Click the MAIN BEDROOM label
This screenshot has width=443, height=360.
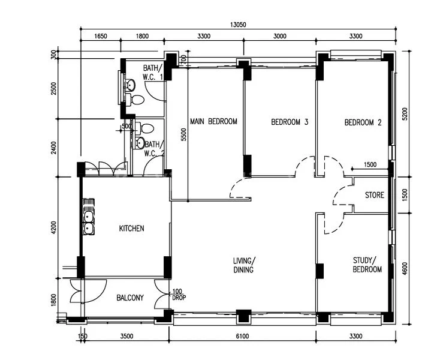(x=213, y=121)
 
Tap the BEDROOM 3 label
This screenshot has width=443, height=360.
(x=290, y=122)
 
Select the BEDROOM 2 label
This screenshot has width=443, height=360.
(x=363, y=122)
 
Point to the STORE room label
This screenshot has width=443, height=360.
(x=375, y=195)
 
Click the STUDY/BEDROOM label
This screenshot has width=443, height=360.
(x=367, y=265)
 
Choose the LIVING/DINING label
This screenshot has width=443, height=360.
(x=244, y=265)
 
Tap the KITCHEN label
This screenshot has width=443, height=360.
(x=131, y=229)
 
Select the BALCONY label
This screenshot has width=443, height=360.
(x=129, y=298)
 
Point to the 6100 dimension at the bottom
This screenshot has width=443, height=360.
(x=242, y=337)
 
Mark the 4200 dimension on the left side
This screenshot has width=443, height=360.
(x=53, y=229)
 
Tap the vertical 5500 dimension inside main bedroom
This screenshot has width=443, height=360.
(x=183, y=136)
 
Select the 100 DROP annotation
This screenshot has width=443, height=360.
(x=179, y=294)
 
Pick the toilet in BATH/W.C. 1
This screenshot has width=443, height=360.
(x=137, y=99)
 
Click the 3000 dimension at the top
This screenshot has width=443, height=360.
(x=279, y=36)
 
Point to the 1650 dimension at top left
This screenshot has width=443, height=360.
(x=101, y=36)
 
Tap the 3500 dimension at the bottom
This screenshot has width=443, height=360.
(x=126, y=337)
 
